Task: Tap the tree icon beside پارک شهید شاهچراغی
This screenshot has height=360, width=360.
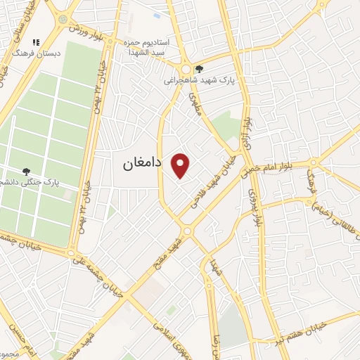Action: (x=200, y=69)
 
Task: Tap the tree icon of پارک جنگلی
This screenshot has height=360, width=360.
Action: (x=26, y=171)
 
